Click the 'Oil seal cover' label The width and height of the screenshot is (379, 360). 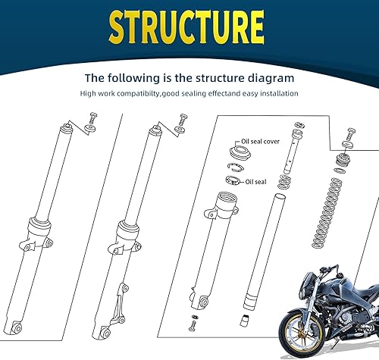[x=260, y=142]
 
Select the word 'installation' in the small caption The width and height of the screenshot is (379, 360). [x=277, y=93]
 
